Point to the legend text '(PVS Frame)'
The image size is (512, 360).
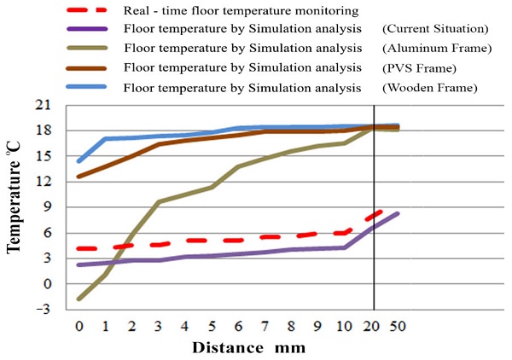coord(417,68)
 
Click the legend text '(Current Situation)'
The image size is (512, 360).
coord(435,30)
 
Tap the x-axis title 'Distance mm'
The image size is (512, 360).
coord(248,347)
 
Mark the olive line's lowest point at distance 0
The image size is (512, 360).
coord(79,299)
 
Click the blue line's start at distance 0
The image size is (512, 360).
coord(79,160)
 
